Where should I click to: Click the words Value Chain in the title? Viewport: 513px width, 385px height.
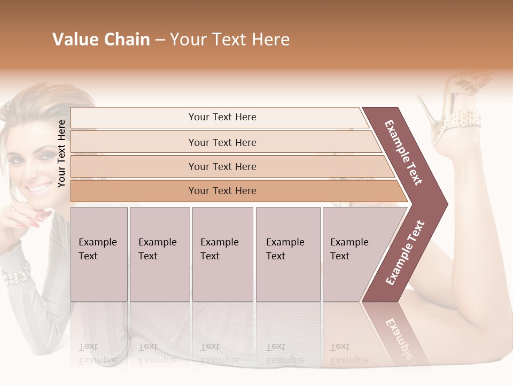coord(101,40)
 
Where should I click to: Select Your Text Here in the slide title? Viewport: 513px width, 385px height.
coord(230,40)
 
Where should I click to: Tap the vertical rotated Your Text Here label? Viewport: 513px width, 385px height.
coord(61,153)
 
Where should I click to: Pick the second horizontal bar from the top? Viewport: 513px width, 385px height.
coord(222,142)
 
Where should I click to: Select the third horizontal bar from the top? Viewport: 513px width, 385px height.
coord(222,166)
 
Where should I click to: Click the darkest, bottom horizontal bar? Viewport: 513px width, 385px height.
coord(222,191)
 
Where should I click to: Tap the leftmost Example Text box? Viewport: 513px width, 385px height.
coord(99,254)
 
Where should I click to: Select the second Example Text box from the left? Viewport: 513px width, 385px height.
coord(159,254)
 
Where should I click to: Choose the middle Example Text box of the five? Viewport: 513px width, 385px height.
coord(222,254)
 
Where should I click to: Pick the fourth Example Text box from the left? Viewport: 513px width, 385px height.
coord(287,254)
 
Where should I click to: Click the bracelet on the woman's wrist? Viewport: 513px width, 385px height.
coord(16,273)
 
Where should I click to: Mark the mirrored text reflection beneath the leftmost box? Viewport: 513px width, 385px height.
coord(98,353)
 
